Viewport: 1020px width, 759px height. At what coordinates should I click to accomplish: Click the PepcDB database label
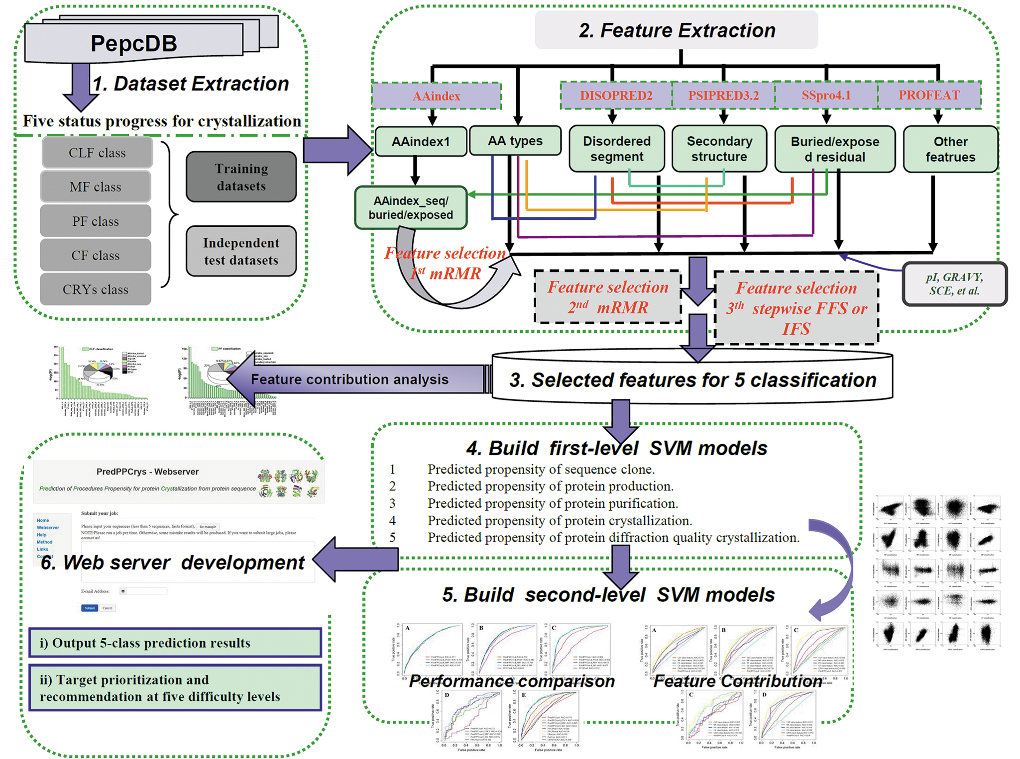[133, 43]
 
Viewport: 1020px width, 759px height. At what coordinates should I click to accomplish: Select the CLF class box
[97, 153]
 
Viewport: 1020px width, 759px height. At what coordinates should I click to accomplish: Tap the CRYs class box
[96, 289]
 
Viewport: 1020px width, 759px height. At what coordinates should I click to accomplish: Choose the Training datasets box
[241, 177]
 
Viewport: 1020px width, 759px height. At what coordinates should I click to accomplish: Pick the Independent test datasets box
[241, 251]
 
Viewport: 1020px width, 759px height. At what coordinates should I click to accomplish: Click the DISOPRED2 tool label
[616, 95]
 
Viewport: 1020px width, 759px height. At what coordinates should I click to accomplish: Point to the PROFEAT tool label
[929, 95]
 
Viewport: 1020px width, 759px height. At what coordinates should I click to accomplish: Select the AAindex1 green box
[421, 142]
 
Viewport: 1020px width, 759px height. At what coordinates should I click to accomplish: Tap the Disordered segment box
[617, 149]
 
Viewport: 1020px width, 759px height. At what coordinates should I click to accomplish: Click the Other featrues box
[950, 149]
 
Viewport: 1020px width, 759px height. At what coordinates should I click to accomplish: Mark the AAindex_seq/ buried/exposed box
[411, 208]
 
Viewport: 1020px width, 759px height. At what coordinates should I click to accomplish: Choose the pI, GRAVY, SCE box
[954, 284]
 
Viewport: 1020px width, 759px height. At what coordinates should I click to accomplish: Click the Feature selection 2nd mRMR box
[608, 297]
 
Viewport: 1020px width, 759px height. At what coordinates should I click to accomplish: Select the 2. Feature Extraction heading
[677, 30]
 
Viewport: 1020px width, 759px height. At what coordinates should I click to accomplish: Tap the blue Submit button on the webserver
[90, 608]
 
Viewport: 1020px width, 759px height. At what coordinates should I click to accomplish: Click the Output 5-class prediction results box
[175, 643]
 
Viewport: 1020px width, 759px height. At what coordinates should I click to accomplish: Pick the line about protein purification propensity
[553, 503]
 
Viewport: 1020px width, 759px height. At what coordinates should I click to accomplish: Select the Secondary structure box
[719, 149]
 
